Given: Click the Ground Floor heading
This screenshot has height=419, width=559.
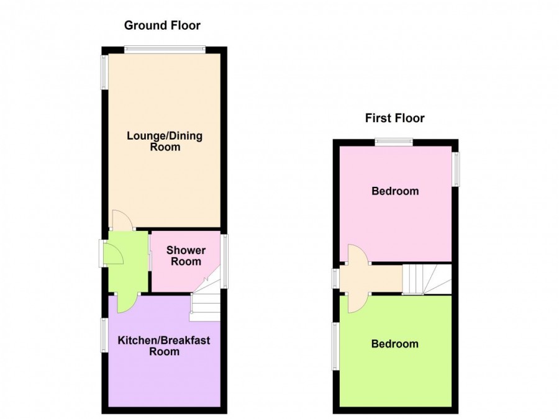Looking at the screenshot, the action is (162, 25).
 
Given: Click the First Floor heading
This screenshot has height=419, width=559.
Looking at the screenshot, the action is (394, 118).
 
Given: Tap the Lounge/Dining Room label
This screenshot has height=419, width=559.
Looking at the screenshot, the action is (165, 141).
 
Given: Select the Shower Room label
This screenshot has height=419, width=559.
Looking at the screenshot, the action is (186, 256).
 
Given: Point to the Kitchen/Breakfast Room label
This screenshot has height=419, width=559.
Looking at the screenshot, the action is (164, 346).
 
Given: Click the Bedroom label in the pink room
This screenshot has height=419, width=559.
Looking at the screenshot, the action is (395, 191).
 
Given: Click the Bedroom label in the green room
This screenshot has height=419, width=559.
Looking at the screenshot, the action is (394, 344).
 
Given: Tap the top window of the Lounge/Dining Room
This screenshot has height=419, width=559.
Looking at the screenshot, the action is (165, 50).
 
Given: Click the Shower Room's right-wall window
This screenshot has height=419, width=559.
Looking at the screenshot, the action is (224, 261).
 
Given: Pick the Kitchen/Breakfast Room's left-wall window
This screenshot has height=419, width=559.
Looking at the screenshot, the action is (105, 335).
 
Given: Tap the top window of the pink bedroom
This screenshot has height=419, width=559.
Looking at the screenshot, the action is (394, 143).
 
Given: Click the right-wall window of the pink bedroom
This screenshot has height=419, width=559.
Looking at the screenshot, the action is (455, 169).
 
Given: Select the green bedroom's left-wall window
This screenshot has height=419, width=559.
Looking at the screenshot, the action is (336, 346).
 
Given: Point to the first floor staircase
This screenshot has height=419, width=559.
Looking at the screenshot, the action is (427, 279).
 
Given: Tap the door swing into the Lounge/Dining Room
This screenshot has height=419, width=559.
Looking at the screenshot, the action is (122, 220).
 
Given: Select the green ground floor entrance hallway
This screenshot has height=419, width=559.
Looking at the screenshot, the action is (129, 262).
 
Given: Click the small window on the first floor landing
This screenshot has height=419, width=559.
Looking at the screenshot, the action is (336, 278).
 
